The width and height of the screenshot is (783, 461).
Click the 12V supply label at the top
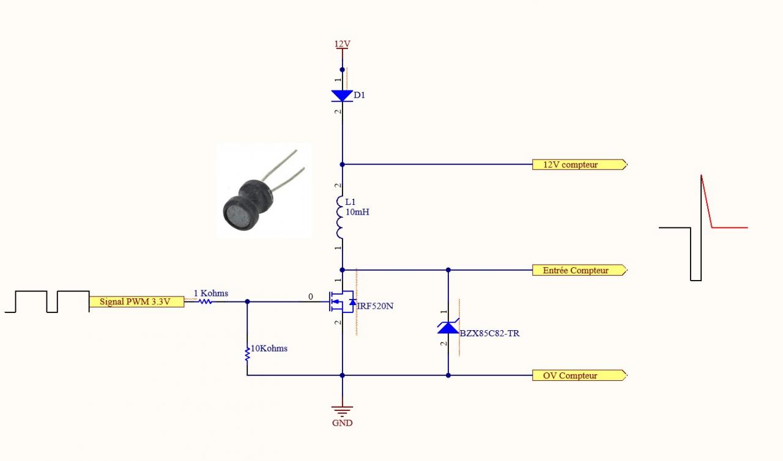342,44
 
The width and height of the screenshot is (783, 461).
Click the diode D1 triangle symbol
342,95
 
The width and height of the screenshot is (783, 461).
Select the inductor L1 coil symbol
341,217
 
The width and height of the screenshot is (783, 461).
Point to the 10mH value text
357,212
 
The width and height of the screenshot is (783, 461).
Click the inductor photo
264,191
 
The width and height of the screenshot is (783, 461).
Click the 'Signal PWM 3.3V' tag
136,301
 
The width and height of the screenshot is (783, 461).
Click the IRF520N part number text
375,306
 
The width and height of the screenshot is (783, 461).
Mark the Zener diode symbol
448,327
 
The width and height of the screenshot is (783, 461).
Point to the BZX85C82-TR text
489,334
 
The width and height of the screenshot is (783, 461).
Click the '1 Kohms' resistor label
210,293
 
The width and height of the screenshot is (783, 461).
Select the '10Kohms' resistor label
269,349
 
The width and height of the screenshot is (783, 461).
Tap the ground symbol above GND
342,411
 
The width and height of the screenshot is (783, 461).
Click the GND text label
342,422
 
